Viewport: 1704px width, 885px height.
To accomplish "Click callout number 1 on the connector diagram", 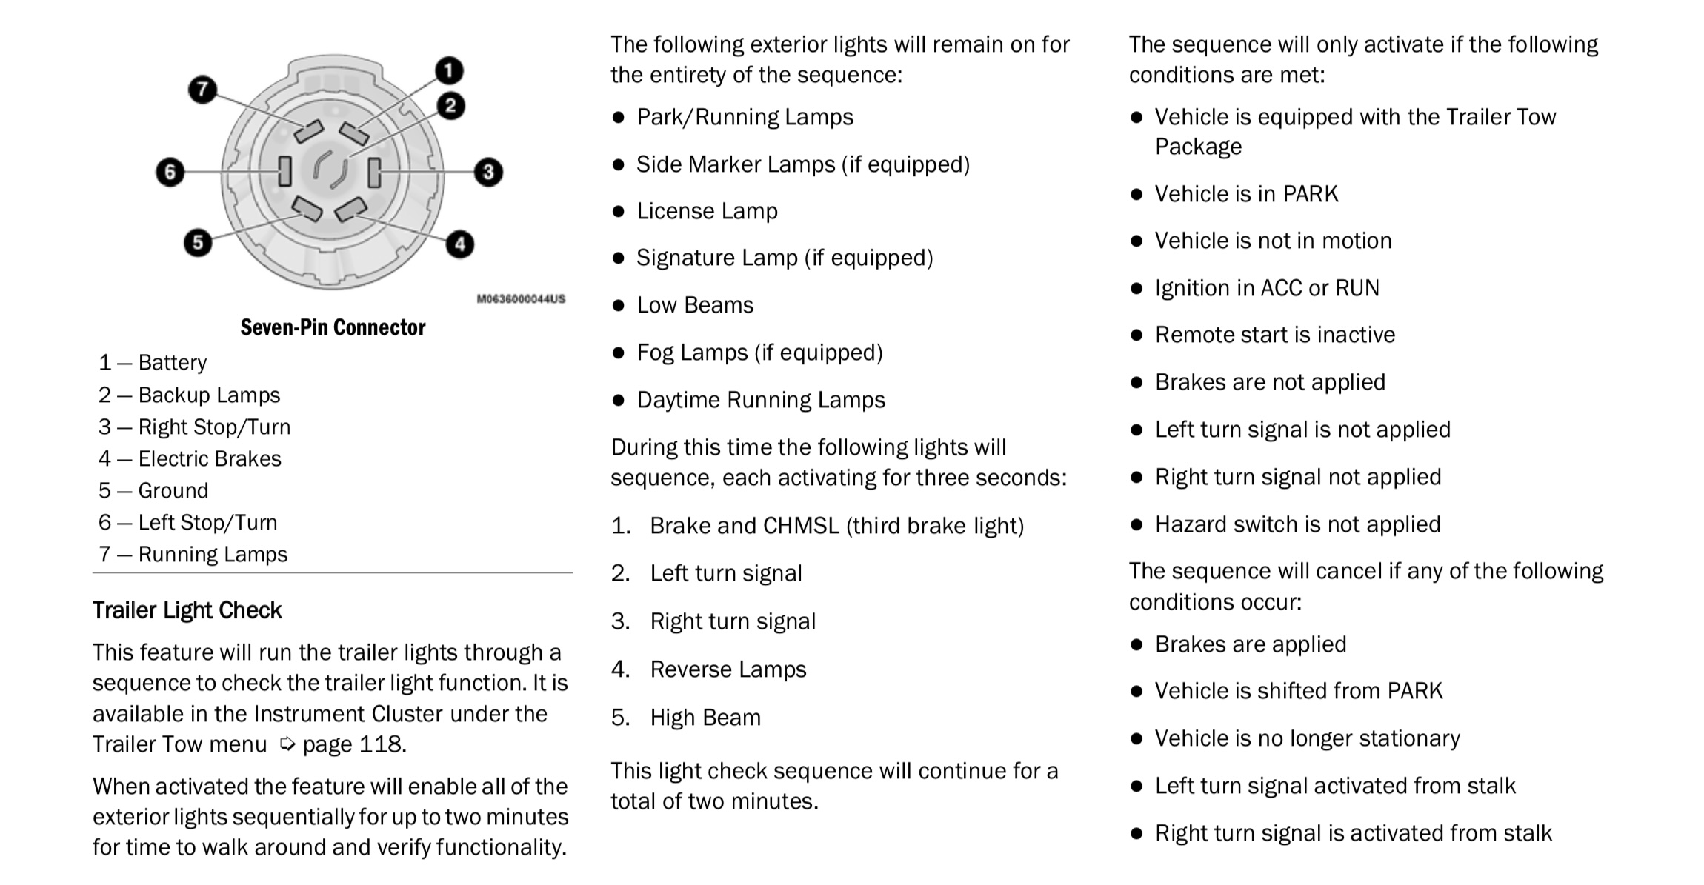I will point(448,71).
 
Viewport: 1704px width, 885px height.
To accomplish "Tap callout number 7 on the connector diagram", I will point(202,90).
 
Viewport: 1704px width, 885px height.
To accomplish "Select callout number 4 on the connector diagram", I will point(460,244).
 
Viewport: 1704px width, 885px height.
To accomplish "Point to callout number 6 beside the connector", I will point(170,173).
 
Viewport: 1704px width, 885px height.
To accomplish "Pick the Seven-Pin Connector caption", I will point(333,327).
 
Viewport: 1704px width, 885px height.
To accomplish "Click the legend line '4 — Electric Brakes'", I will point(190,459).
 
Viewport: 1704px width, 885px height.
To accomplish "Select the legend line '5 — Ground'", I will point(153,491).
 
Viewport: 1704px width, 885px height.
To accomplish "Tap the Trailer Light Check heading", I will point(187,610).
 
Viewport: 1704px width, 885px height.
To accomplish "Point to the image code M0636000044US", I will point(521,299).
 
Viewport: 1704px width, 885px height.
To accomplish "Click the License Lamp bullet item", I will point(707,212).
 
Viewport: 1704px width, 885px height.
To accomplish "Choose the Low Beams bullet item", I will point(695,306).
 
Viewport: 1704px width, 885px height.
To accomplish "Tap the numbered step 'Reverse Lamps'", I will point(728,669).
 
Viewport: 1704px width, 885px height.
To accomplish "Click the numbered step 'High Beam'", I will point(705,718).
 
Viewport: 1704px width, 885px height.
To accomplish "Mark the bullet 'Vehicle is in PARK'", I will point(1246,194).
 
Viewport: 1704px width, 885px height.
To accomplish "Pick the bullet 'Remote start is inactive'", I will point(1274,335).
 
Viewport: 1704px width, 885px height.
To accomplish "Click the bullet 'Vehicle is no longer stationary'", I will point(1307,738).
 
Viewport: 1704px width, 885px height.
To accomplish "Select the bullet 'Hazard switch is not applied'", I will point(1297,524).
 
